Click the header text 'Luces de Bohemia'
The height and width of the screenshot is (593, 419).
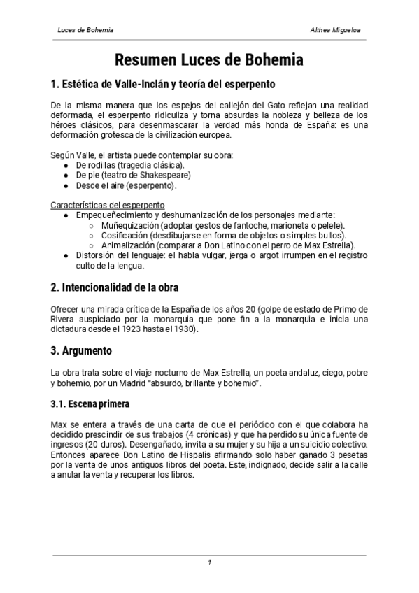pyautogui.click(x=85, y=31)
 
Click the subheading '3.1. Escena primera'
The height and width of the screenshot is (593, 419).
pyautogui.click(x=90, y=404)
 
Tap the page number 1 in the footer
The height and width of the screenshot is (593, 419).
pyautogui.click(x=209, y=562)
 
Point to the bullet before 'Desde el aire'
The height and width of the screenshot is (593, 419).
pyautogui.click(x=66, y=185)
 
